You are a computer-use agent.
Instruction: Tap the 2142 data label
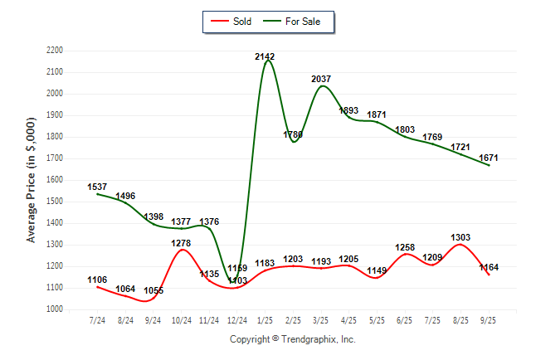coord(265,56)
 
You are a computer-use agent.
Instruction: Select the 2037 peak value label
coord(321,79)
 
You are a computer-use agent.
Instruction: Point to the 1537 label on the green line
coord(97,187)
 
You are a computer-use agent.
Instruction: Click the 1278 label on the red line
coord(181,243)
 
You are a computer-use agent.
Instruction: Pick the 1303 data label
coord(461,238)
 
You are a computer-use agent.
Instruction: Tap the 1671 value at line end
coord(489,158)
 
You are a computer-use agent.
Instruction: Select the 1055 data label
coord(153,291)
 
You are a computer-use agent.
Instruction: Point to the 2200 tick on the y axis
coord(55,51)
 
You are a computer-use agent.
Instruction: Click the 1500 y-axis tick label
coord(55,202)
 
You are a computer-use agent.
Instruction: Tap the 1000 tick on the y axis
coord(55,309)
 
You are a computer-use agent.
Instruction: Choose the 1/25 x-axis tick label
coord(265,320)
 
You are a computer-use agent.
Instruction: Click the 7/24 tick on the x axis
coord(97,320)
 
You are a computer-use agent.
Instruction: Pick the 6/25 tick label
coord(405,320)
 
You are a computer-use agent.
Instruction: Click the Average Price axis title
coord(32,180)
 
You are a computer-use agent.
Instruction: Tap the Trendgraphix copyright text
coord(292,339)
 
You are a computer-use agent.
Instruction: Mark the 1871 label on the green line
coord(377,114)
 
